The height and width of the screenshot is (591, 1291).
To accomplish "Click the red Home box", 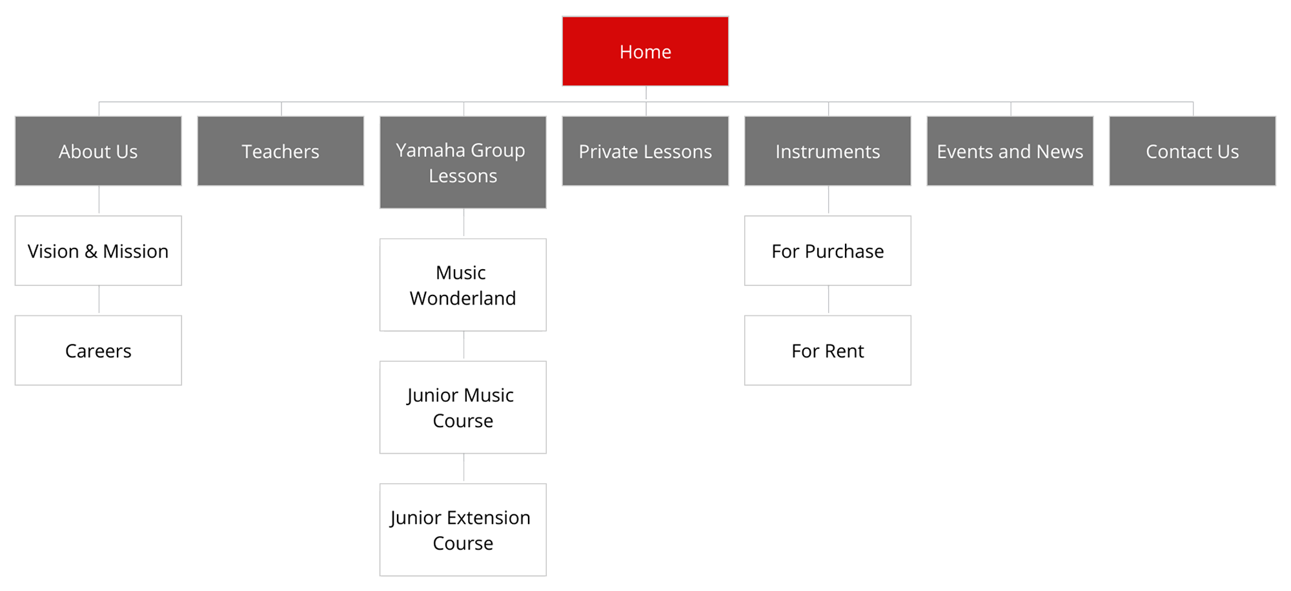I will point(645,52).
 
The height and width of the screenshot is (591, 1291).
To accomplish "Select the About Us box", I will point(98,151).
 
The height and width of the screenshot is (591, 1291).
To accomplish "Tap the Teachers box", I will point(281,151).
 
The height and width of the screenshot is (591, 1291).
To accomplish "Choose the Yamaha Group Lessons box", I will point(463,163).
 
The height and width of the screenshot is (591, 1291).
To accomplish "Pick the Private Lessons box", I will point(645,151).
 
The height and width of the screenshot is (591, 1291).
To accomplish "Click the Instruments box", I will point(828,151).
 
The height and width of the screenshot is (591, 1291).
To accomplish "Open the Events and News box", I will point(1010,151).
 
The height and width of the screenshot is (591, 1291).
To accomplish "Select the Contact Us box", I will point(1192,151).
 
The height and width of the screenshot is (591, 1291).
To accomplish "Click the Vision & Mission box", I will point(98,251).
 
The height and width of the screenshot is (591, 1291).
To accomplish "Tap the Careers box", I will point(98,350).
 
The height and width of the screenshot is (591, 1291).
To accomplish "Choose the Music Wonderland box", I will point(463,285).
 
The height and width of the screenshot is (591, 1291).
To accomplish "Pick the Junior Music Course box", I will point(463,408).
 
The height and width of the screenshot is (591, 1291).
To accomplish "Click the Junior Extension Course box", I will point(463,530).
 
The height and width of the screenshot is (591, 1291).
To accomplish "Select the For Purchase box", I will point(828,251).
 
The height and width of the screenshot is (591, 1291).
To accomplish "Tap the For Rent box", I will point(828,350).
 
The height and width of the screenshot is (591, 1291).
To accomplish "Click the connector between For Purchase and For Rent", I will point(828,301).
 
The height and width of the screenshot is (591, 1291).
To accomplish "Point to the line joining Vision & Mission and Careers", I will point(99,301).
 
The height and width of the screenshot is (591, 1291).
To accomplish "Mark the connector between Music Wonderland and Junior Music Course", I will point(463,346).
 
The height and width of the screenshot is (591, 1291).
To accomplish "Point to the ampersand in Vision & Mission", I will point(91,252).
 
